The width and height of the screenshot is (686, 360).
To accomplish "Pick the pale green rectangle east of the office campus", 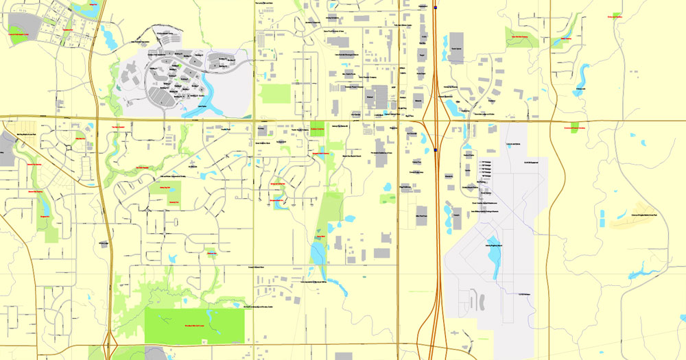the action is tap(276, 93).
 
